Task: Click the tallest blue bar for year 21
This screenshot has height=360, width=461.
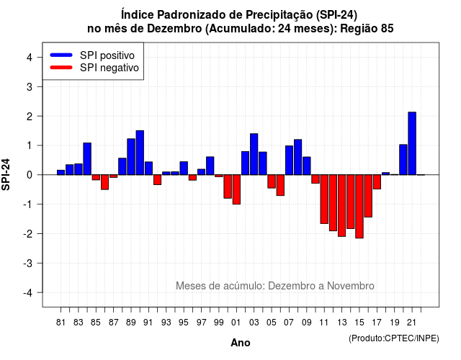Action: (412, 143)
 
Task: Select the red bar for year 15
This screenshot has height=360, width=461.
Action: (359, 207)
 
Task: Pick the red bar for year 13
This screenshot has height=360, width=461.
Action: (341, 205)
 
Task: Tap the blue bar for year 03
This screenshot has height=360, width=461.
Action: (254, 154)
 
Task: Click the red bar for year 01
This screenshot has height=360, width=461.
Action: (236, 189)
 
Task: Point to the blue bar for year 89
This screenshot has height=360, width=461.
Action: (131, 157)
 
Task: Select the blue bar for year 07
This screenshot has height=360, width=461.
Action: (289, 160)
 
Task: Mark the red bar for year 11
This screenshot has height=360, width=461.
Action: (324, 199)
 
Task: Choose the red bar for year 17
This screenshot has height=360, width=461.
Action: (377, 182)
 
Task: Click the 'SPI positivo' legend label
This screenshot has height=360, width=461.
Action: (107, 55)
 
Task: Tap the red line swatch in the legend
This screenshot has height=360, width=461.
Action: (61, 68)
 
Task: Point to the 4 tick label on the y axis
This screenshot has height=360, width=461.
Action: (30, 58)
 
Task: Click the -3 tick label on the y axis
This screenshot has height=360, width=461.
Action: (28, 263)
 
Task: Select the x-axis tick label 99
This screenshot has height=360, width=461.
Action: (219, 323)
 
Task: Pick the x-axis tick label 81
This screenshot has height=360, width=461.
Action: (61, 323)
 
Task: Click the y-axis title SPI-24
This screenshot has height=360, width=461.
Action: (6, 174)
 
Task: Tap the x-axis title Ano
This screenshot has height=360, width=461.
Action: (241, 343)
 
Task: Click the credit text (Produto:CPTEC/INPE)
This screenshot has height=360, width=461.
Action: (394, 338)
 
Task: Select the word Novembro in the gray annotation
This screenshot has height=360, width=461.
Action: (351, 286)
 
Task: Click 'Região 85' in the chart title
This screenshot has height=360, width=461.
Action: (367, 29)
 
